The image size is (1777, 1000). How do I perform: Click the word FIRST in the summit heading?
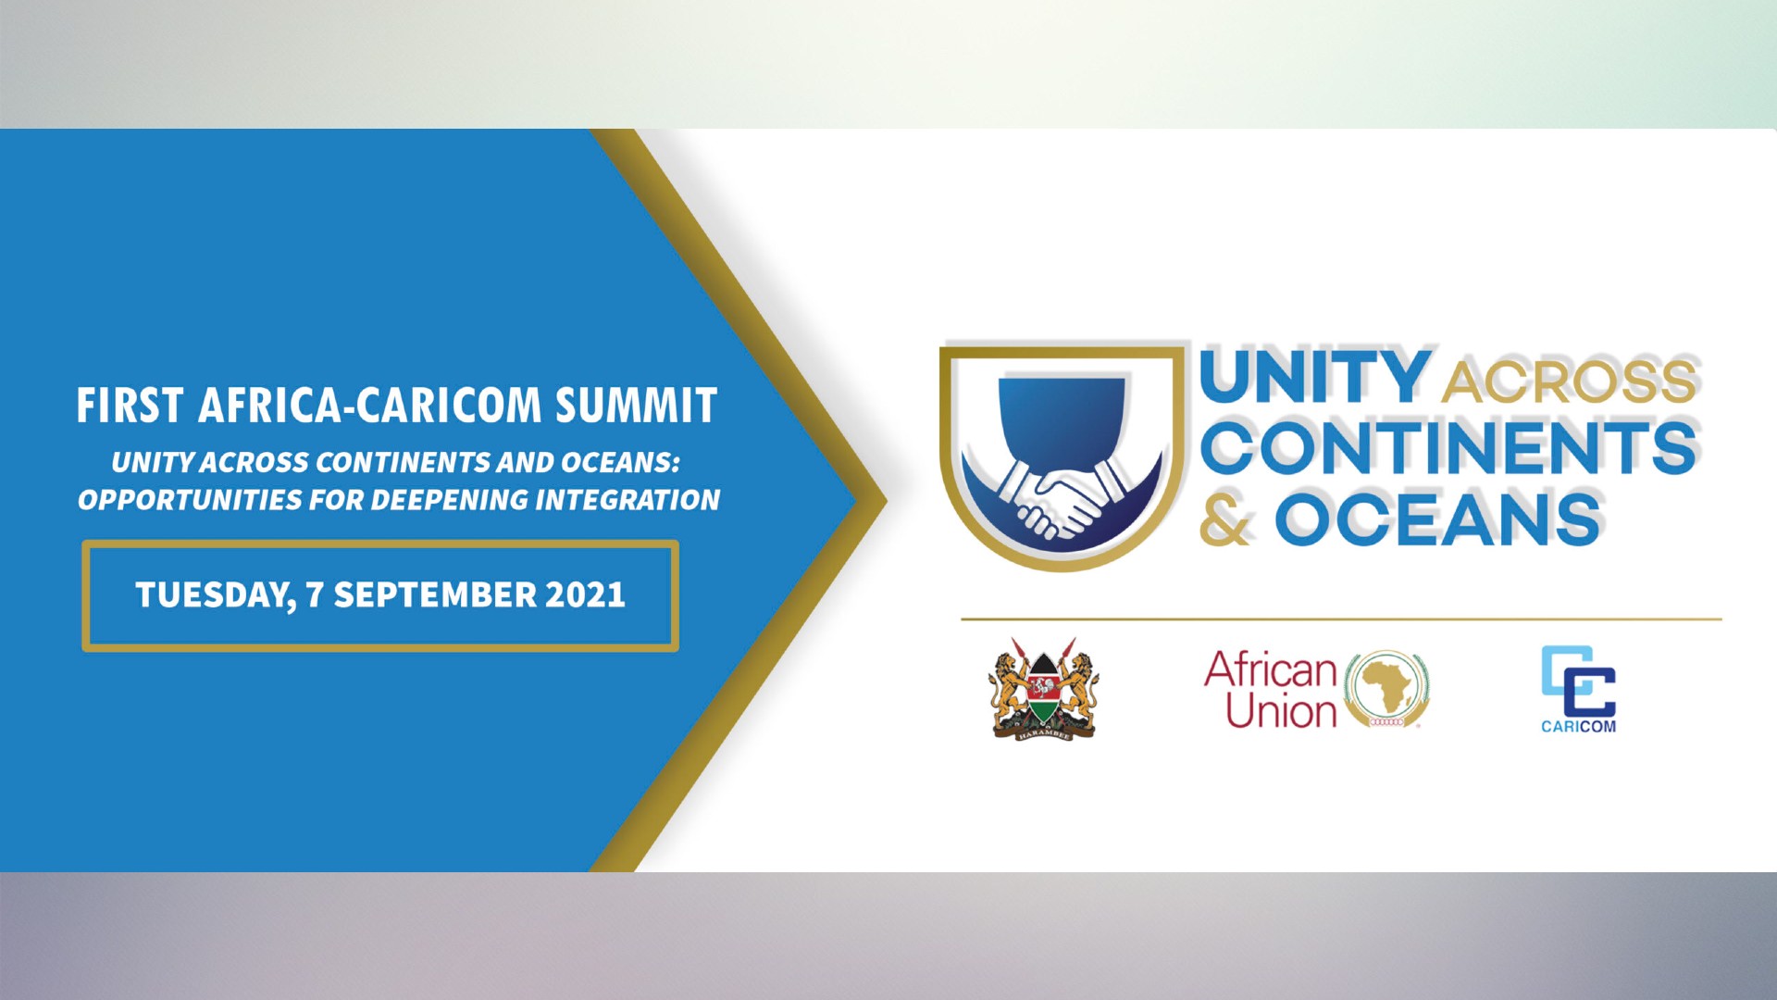[x=130, y=406]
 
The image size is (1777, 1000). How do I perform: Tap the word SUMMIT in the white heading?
[x=637, y=406]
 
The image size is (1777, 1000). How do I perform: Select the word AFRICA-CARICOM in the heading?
[x=369, y=406]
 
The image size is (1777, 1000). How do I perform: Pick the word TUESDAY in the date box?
[x=216, y=595]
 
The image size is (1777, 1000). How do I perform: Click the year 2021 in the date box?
[x=585, y=594]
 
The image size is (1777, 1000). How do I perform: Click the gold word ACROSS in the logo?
[x=1570, y=381]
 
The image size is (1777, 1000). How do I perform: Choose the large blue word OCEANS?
[x=1438, y=519]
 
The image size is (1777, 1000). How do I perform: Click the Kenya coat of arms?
[x=1043, y=689]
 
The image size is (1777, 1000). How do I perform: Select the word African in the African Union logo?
[x=1271, y=669]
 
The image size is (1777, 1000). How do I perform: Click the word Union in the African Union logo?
[x=1282, y=711]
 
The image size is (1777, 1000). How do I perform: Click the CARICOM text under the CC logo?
[x=1578, y=727]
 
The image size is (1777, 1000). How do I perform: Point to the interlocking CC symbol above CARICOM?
[x=1578, y=681]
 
